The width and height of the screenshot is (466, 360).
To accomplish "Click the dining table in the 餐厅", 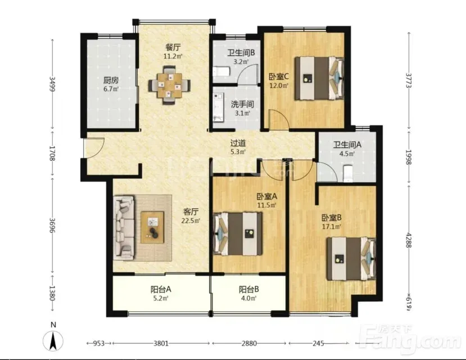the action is point(169,85).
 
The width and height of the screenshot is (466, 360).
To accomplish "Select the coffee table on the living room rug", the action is point(152,227).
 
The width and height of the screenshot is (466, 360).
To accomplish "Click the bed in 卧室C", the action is point(319,78).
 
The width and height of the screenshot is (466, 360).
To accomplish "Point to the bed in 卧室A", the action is point(238,233).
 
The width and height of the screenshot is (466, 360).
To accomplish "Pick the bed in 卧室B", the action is point(351,258).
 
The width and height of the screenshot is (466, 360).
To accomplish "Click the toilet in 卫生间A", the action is point(348,173).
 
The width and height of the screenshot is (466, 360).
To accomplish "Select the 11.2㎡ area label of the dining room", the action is point(173,56).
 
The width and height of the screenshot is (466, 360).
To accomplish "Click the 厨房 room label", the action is point(111,80).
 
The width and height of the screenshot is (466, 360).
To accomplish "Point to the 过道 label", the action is point(238,143).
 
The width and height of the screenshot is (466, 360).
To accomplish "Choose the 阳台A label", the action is point(161,289).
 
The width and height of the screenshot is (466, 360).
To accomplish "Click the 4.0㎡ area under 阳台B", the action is point(249,298).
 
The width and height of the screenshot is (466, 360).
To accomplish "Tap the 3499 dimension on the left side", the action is point(52,84).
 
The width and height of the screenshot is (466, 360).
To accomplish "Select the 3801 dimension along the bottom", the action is point(161,344).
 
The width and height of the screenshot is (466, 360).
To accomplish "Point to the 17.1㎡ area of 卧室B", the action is point(331,227).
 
